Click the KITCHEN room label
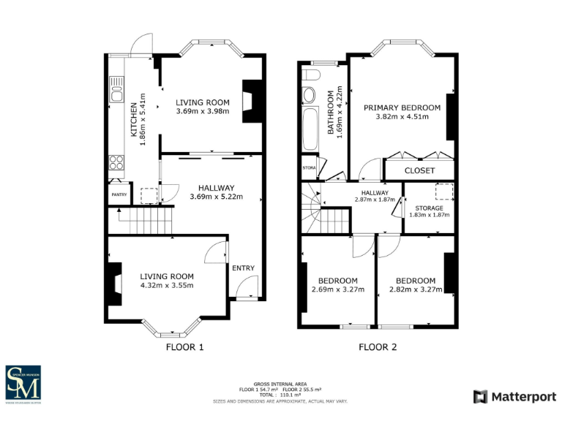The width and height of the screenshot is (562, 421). click(132, 120)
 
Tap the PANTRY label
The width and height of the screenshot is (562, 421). click(119, 194)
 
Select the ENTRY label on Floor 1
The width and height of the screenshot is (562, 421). click(243, 268)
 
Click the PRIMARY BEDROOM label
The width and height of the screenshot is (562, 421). click(402, 107)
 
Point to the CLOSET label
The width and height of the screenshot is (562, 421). click(419, 170)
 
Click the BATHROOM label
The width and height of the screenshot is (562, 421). click(331, 112)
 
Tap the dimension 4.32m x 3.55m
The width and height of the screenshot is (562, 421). click(167, 285)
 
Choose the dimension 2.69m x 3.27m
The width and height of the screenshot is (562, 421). click(337, 289)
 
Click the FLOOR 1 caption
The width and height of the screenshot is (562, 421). click(185, 347)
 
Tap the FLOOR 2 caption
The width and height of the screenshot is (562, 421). click(378, 347)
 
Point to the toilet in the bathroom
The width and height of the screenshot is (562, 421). click(308, 95)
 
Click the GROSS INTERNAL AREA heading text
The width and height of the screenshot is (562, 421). click(280, 384)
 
